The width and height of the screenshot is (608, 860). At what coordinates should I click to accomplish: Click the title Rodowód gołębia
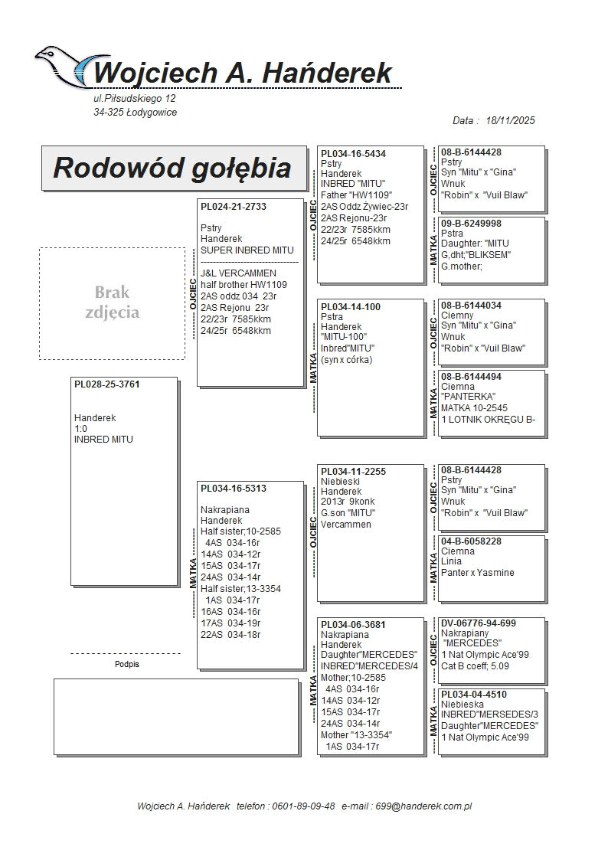[x=172, y=168]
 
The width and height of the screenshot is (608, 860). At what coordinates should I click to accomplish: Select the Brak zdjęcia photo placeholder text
[x=112, y=302]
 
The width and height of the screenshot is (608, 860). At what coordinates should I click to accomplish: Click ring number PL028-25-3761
[x=106, y=384]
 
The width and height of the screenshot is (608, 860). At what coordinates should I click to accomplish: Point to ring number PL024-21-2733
[x=234, y=207]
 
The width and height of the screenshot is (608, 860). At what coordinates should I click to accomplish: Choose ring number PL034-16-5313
[x=234, y=489]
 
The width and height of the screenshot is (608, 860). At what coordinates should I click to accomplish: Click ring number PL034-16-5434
[x=353, y=154]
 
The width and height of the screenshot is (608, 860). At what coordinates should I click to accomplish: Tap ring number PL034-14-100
[x=350, y=307]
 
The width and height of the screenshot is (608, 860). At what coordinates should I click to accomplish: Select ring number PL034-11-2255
[x=353, y=472]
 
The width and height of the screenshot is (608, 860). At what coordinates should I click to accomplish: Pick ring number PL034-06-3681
[x=353, y=625]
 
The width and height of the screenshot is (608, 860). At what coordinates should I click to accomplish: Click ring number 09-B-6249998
[x=471, y=224]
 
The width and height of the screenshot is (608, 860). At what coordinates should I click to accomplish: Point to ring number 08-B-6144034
[x=471, y=306]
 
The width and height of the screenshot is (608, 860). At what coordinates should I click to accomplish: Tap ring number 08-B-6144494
[x=471, y=377]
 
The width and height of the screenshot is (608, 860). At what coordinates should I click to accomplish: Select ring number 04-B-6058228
[x=471, y=541]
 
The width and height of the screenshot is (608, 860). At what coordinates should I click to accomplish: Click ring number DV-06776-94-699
[x=478, y=623]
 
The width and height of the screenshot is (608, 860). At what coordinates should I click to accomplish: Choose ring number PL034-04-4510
[x=473, y=695]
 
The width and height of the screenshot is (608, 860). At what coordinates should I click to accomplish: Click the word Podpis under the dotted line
[x=126, y=665]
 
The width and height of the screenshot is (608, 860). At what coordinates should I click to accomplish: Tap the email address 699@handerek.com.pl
[x=429, y=806]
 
